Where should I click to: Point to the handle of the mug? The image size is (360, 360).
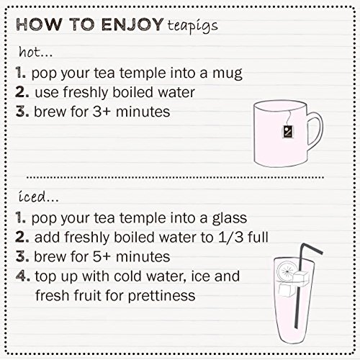click(312, 131)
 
